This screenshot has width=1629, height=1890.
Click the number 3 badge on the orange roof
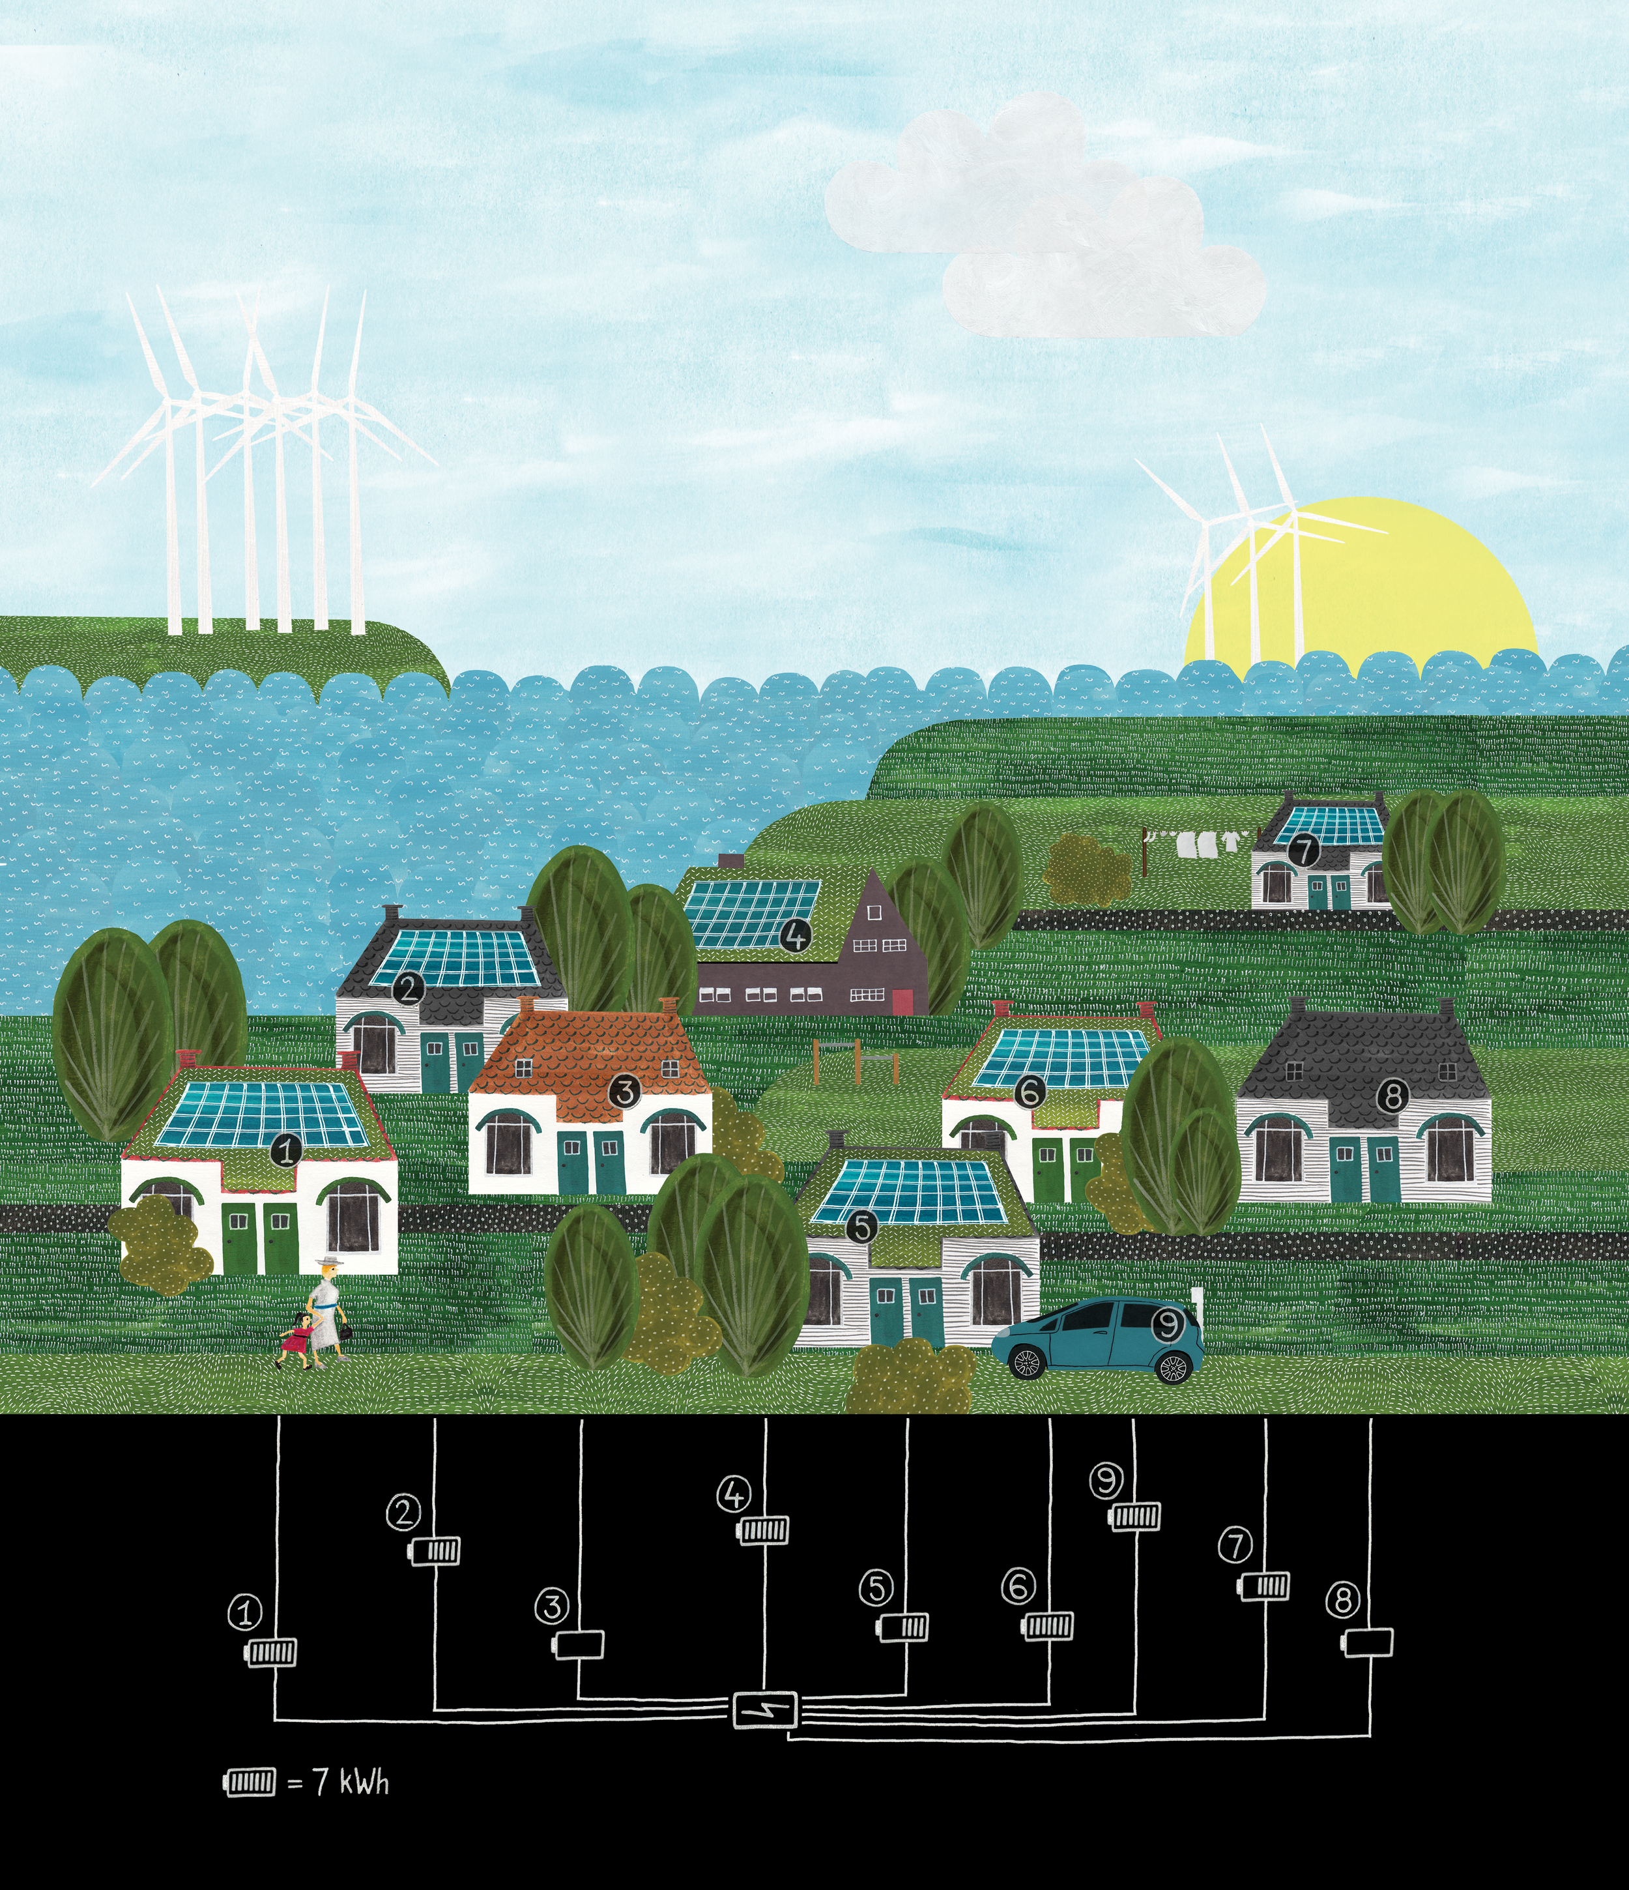point(624,1092)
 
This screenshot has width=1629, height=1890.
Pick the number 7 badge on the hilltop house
point(1305,850)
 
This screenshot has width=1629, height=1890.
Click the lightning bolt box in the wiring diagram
point(765,1710)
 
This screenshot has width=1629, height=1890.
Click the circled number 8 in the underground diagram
point(1342,1600)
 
